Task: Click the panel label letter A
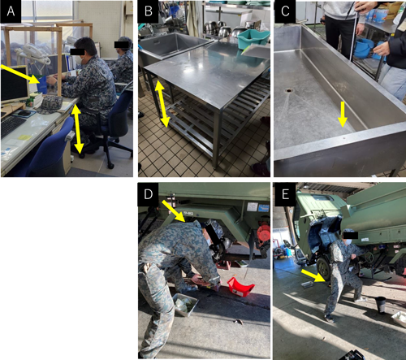[11, 11]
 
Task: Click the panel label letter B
[149, 11]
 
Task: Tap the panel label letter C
[285, 11]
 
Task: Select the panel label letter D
[149, 194]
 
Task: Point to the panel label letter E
[285, 194]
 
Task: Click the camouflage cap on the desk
[50, 104]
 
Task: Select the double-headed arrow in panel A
[77, 129]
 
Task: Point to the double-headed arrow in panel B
[162, 104]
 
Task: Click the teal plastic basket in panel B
[253, 40]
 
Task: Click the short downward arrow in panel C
[343, 114]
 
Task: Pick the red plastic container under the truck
[240, 286]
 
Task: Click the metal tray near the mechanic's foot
[184, 304]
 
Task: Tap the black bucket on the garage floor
[381, 305]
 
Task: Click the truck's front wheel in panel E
[323, 267]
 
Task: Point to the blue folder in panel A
[42, 85]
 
